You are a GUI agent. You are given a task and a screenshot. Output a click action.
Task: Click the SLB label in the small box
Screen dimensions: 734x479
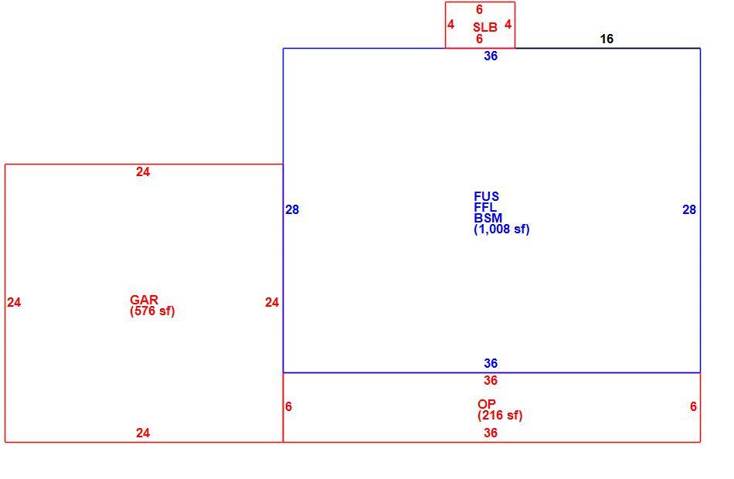pos(485,27)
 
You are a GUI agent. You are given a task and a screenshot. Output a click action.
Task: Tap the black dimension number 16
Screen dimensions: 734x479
pos(607,39)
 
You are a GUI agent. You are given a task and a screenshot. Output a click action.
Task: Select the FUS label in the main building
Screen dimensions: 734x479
pos(486,196)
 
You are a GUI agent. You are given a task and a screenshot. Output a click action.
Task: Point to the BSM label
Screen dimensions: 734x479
pos(488,218)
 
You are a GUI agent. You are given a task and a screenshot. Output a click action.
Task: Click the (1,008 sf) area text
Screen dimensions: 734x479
pos(501,229)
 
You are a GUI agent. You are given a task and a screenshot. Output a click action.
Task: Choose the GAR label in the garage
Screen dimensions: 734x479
pos(144,300)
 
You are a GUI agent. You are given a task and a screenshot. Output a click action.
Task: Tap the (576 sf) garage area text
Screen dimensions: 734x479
pos(153,311)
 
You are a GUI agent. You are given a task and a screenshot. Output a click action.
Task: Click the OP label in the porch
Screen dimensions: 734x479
pos(487,403)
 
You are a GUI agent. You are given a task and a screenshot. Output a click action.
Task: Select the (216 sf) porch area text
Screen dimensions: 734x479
pos(500,416)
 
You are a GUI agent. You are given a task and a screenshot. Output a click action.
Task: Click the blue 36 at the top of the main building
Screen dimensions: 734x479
pos(491,56)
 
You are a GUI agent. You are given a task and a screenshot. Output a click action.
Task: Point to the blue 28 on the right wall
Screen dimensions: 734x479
pos(689,210)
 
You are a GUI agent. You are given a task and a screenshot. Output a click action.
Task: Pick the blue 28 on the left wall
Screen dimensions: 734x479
pos(292,210)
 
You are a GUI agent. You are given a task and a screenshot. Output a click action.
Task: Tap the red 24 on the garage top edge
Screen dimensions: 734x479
pos(143,172)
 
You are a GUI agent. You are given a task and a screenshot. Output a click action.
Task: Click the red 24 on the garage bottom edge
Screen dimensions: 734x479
pos(143,433)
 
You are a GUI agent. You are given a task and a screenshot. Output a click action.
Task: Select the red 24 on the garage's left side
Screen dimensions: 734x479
pos(14,303)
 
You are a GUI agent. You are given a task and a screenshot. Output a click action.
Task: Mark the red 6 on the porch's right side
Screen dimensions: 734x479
pos(693,406)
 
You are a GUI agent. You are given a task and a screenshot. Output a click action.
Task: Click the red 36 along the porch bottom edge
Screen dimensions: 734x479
pos(491,433)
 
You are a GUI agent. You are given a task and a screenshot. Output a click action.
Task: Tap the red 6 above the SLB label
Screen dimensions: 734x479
pos(479,9)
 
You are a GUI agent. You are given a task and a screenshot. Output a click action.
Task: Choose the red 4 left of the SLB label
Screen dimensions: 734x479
pos(450,25)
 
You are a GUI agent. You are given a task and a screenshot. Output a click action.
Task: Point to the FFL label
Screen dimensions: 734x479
pos(485,207)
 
